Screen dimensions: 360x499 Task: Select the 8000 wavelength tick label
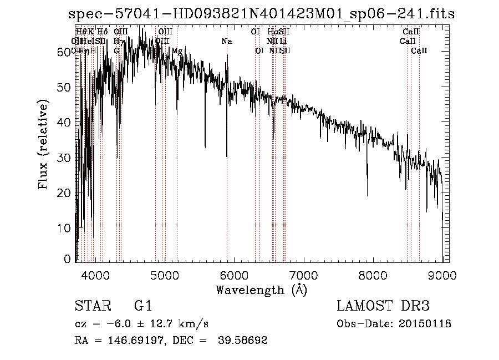[x=373, y=274]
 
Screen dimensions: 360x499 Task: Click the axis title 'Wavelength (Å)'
[x=261, y=290]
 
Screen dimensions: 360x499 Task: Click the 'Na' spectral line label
[x=226, y=42]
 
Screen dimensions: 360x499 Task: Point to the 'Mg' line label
[x=177, y=51]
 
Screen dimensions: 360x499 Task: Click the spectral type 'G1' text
[x=142, y=306]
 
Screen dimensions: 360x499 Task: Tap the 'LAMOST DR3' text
[x=383, y=306]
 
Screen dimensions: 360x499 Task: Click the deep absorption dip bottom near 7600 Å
[x=367, y=195]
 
